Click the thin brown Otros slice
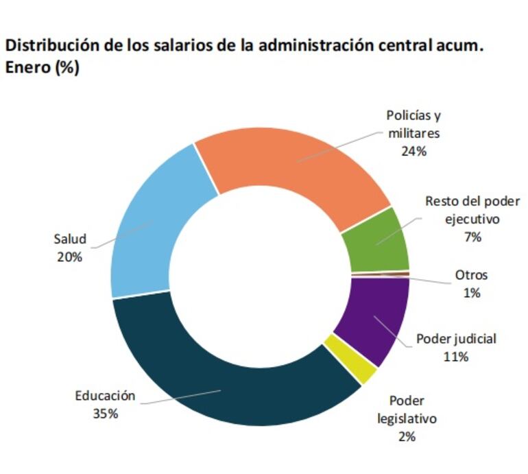coord(381,274)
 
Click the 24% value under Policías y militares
coord(413,152)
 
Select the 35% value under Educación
coord(105,414)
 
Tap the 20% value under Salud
coord(70,257)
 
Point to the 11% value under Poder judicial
coord(456,357)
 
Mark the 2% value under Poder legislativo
coord(407,436)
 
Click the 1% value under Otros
coord(471,293)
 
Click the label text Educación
coord(105,396)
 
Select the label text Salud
coord(70,239)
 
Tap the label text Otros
coord(471,275)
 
